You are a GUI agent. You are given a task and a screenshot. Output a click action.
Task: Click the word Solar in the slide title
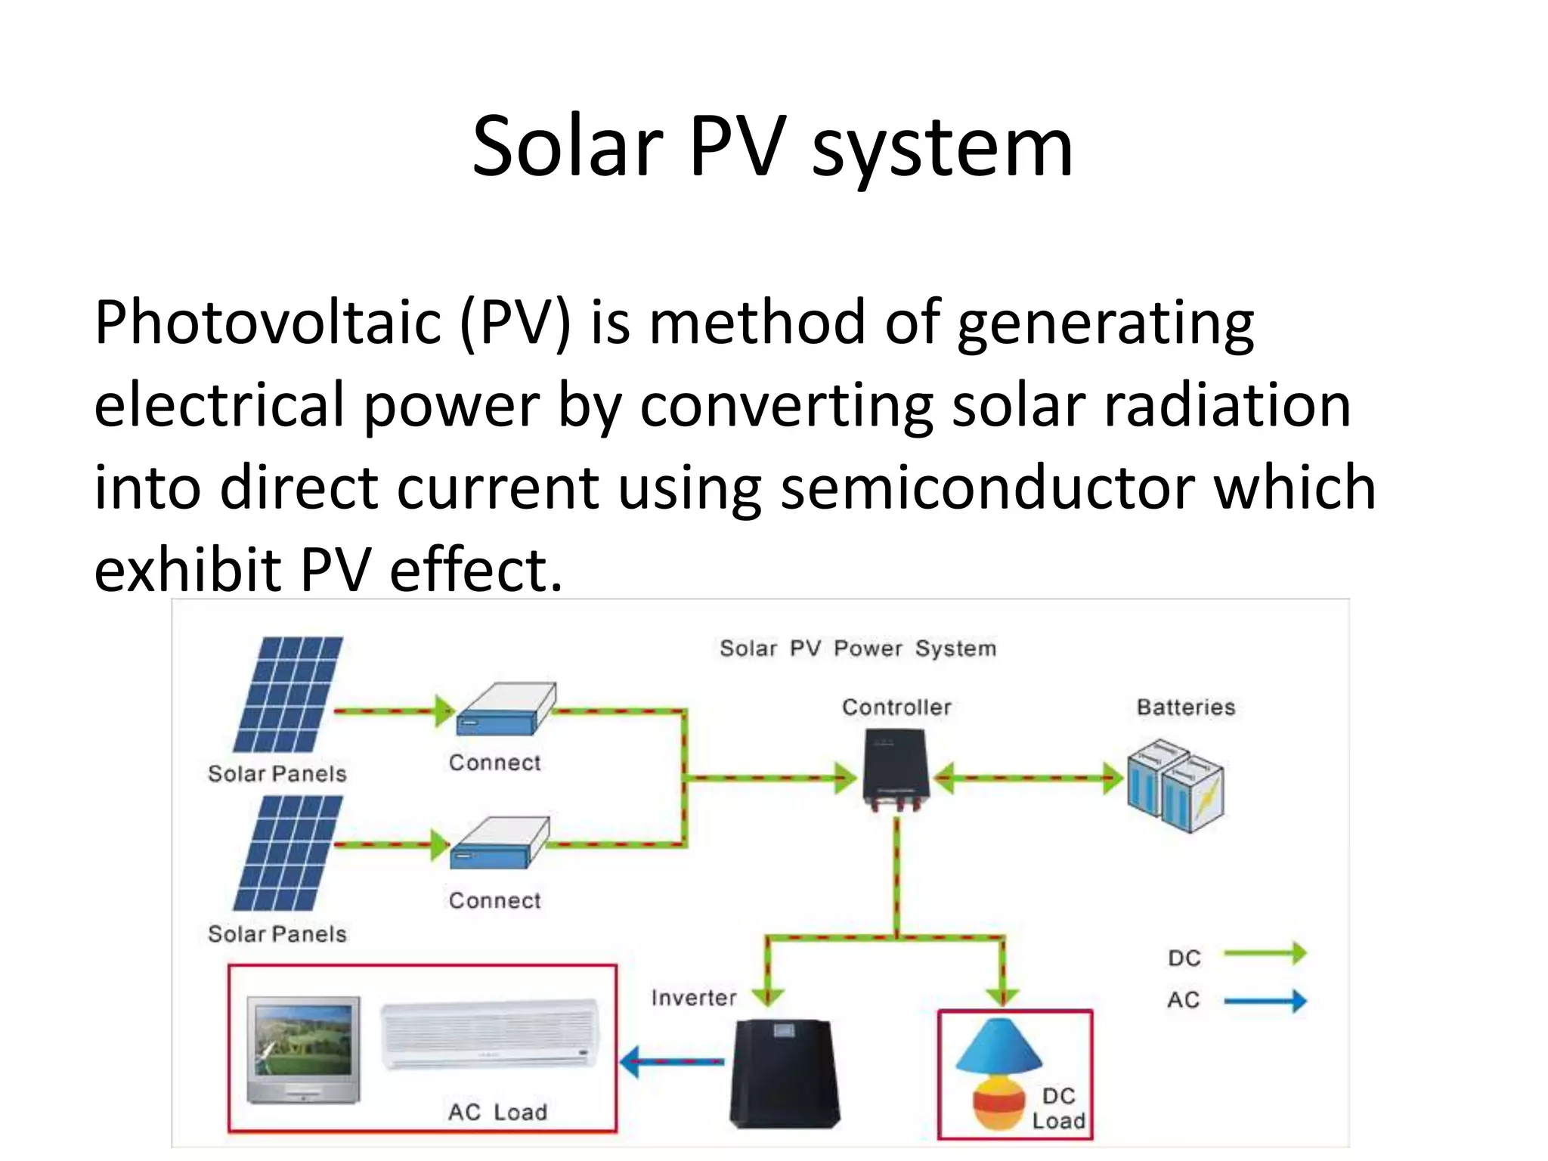[x=567, y=147]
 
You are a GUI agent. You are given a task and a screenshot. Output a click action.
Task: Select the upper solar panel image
[x=287, y=694]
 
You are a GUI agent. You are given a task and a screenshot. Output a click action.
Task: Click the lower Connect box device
[x=498, y=843]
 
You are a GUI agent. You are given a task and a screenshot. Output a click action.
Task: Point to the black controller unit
[x=896, y=768]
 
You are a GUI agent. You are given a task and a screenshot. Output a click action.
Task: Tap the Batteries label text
[x=1185, y=707]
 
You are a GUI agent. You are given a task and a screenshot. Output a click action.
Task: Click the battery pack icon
[x=1175, y=786]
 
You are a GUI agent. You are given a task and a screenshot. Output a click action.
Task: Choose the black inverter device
[x=785, y=1073]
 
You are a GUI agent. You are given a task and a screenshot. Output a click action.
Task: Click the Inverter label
[x=693, y=998]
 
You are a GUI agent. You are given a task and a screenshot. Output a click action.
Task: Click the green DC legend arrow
[x=1265, y=953]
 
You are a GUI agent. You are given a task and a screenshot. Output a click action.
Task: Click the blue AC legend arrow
[x=1265, y=1001]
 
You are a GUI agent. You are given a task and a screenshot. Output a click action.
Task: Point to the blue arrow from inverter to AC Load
[x=671, y=1061]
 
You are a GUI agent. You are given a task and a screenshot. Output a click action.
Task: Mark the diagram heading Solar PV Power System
[x=857, y=649]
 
